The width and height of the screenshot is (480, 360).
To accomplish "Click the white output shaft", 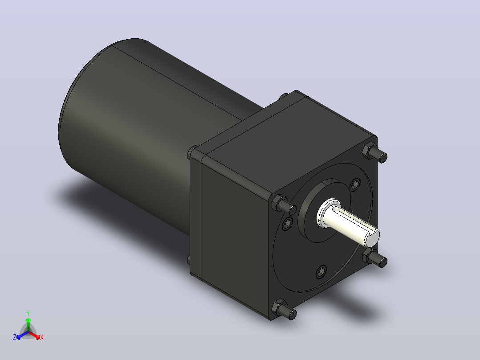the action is tap(349, 223).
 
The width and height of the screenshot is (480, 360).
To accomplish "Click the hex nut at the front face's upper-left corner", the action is tap(279, 203).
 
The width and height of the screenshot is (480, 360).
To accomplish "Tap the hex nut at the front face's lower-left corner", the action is tap(279, 307).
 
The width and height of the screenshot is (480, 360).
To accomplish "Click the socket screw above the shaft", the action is tap(355, 185).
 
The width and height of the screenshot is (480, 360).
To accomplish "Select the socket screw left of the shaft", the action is tap(287, 224).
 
